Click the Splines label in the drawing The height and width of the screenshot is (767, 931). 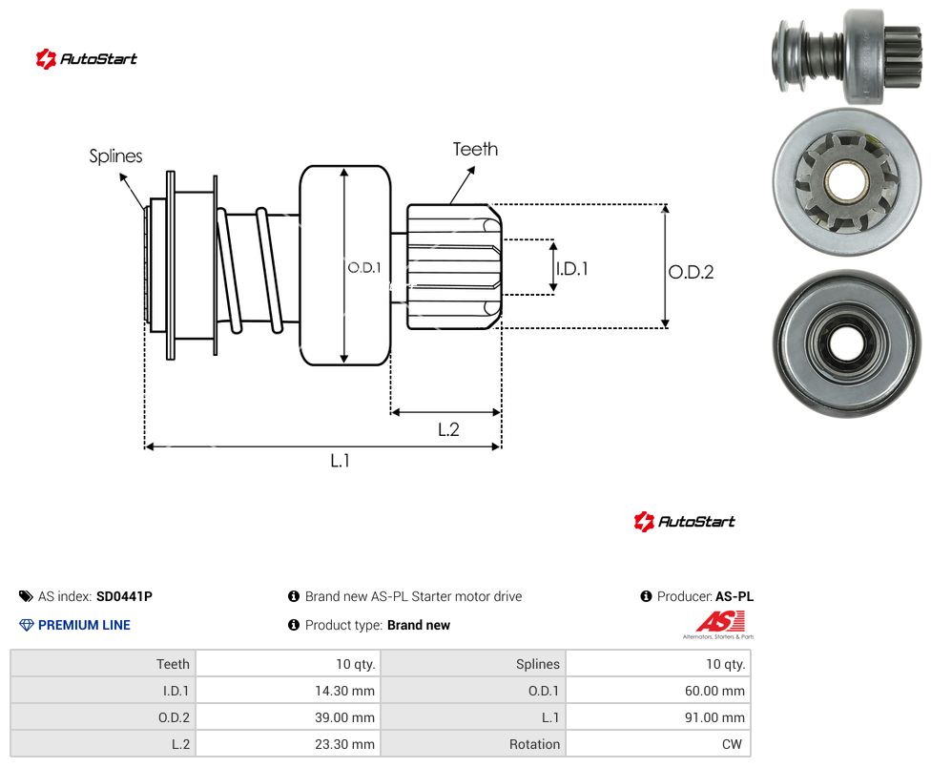tap(115, 156)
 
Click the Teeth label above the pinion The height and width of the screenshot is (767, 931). tap(476, 149)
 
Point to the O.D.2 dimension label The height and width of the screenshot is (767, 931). tap(692, 272)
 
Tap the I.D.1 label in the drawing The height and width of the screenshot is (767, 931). tap(572, 269)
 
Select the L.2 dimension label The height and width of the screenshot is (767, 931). tap(449, 429)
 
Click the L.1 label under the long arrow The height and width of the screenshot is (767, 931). tap(341, 460)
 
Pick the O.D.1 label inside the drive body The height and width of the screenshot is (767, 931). tap(364, 268)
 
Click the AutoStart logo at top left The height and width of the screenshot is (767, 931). tap(87, 59)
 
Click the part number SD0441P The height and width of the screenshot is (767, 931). tap(124, 596)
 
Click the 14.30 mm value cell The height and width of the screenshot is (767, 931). tap(288, 691)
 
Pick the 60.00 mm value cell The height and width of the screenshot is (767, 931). tap(658, 691)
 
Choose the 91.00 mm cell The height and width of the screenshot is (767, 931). tap(658, 717)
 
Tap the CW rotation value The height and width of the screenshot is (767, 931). tap(732, 744)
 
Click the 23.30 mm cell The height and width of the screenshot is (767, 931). tap(288, 744)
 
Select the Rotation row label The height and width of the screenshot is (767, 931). tap(534, 744)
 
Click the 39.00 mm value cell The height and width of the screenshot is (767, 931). tap(288, 717)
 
